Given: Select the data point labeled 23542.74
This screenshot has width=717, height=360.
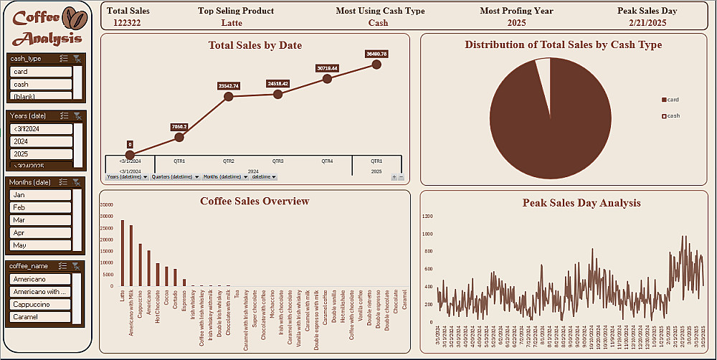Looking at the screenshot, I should click(x=229, y=96).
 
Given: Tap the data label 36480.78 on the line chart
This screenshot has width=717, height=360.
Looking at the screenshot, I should click(x=376, y=54).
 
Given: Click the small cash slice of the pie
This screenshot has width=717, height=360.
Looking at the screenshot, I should click(x=543, y=72).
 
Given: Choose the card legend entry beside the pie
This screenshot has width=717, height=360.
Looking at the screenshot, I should click(x=671, y=100).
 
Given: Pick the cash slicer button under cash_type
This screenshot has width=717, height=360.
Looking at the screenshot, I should click(x=41, y=84).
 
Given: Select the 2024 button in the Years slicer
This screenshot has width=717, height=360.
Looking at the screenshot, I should click(x=41, y=141).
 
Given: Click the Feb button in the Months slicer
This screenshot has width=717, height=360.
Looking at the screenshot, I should click(x=41, y=207).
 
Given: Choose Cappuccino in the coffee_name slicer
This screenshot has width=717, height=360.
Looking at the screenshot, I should click(x=41, y=303).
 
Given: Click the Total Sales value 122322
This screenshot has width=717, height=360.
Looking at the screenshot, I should click(x=127, y=23).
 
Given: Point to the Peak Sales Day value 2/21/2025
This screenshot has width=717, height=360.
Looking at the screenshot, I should click(x=647, y=23).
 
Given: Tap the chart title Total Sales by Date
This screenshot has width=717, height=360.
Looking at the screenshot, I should click(x=255, y=45).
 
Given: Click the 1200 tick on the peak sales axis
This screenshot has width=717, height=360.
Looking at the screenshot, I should click(x=428, y=216).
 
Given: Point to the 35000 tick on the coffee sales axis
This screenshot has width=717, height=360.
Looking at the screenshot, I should click(x=108, y=204).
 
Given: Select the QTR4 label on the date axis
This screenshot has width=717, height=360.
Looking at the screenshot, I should click(x=327, y=161).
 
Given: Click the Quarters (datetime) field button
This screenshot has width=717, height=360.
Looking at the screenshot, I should click(x=174, y=176).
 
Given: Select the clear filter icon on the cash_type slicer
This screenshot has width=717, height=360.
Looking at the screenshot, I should click(x=77, y=59).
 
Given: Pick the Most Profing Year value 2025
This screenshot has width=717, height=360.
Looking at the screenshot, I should click(x=516, y=23).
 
